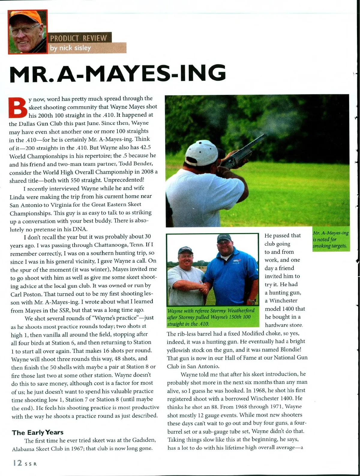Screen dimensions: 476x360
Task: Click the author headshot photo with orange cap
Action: tap(28, 32)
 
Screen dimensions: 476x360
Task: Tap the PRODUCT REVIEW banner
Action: tap(79, 38)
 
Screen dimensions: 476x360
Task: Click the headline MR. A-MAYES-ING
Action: tap(118, 74)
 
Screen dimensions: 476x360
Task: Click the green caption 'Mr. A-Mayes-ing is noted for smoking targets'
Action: tap(331, 239)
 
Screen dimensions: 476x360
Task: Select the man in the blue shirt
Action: tap(228, 267)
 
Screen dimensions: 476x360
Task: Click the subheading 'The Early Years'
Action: tap(38, 432)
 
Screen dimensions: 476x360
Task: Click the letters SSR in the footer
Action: tap(31, 464)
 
